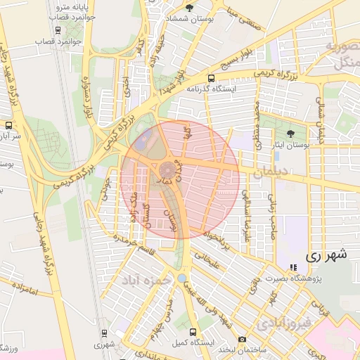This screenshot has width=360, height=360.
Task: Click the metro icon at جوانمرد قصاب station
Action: [58, 30]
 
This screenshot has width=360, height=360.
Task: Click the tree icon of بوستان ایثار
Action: [290, 133]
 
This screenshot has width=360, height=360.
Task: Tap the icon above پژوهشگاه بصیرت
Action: [293, 268]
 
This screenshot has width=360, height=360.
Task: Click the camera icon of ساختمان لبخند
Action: [242, 339]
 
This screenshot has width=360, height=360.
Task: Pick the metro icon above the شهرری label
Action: [104, 333]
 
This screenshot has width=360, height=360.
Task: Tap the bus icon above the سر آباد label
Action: [8, 124]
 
